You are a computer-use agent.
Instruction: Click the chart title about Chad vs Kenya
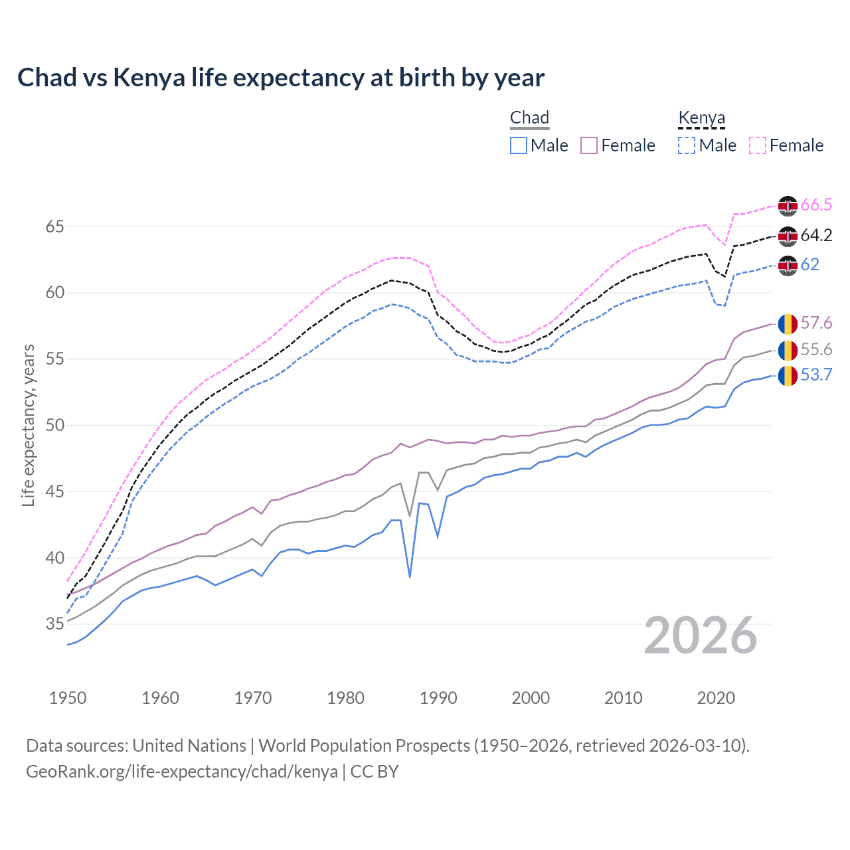click(281, 78)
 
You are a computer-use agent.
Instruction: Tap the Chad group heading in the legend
click(529, 118)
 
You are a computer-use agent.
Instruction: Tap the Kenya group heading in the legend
click(701, 118)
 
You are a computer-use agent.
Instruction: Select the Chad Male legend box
click(519, 145)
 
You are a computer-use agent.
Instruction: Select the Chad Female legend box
click(589, 145)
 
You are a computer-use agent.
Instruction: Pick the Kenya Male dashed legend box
click(687, 145)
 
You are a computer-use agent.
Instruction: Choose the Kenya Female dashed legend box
click(758, 145)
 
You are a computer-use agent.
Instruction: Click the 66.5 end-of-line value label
click(816, 205)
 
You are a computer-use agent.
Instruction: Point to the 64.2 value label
click(816, 236)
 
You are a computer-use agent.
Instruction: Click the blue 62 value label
click(809, 265)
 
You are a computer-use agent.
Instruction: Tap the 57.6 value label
click(816, 323)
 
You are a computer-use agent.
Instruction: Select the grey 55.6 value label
click(816, 350)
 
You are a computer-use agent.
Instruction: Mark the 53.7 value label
click(816, 375)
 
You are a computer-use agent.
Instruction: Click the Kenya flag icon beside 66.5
click(788, 206)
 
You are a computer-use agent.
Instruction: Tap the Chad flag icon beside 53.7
click(788, 376)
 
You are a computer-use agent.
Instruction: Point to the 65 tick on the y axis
click(55, 226)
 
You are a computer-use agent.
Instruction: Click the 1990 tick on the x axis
click(438, 698)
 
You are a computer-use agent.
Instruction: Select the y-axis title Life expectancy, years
click(29, 425)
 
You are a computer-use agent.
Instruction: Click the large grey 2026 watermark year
click(701, 636)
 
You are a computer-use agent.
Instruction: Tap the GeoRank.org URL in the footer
click(181, 772)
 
